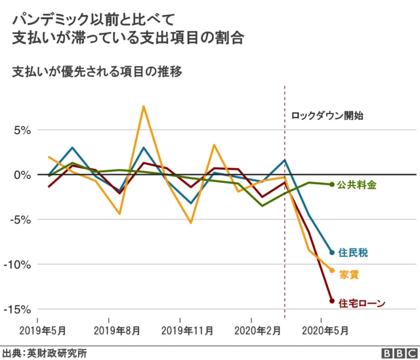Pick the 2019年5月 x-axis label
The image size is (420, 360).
pyautogui.click(x=41, y=330)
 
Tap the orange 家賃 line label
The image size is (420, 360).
pyautogui.click(x=349, y=275)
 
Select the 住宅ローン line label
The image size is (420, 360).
pyautogui.click(x=362, y=303)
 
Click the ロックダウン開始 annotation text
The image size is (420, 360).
pyautogui.click(x=327, y=115)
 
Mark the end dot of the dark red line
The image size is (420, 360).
pyautogui.click(x=331, y=301)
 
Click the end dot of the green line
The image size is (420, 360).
pyautogui.click(x=331, y=184)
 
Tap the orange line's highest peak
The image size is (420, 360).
pyautogui.click(x=144, y=106)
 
